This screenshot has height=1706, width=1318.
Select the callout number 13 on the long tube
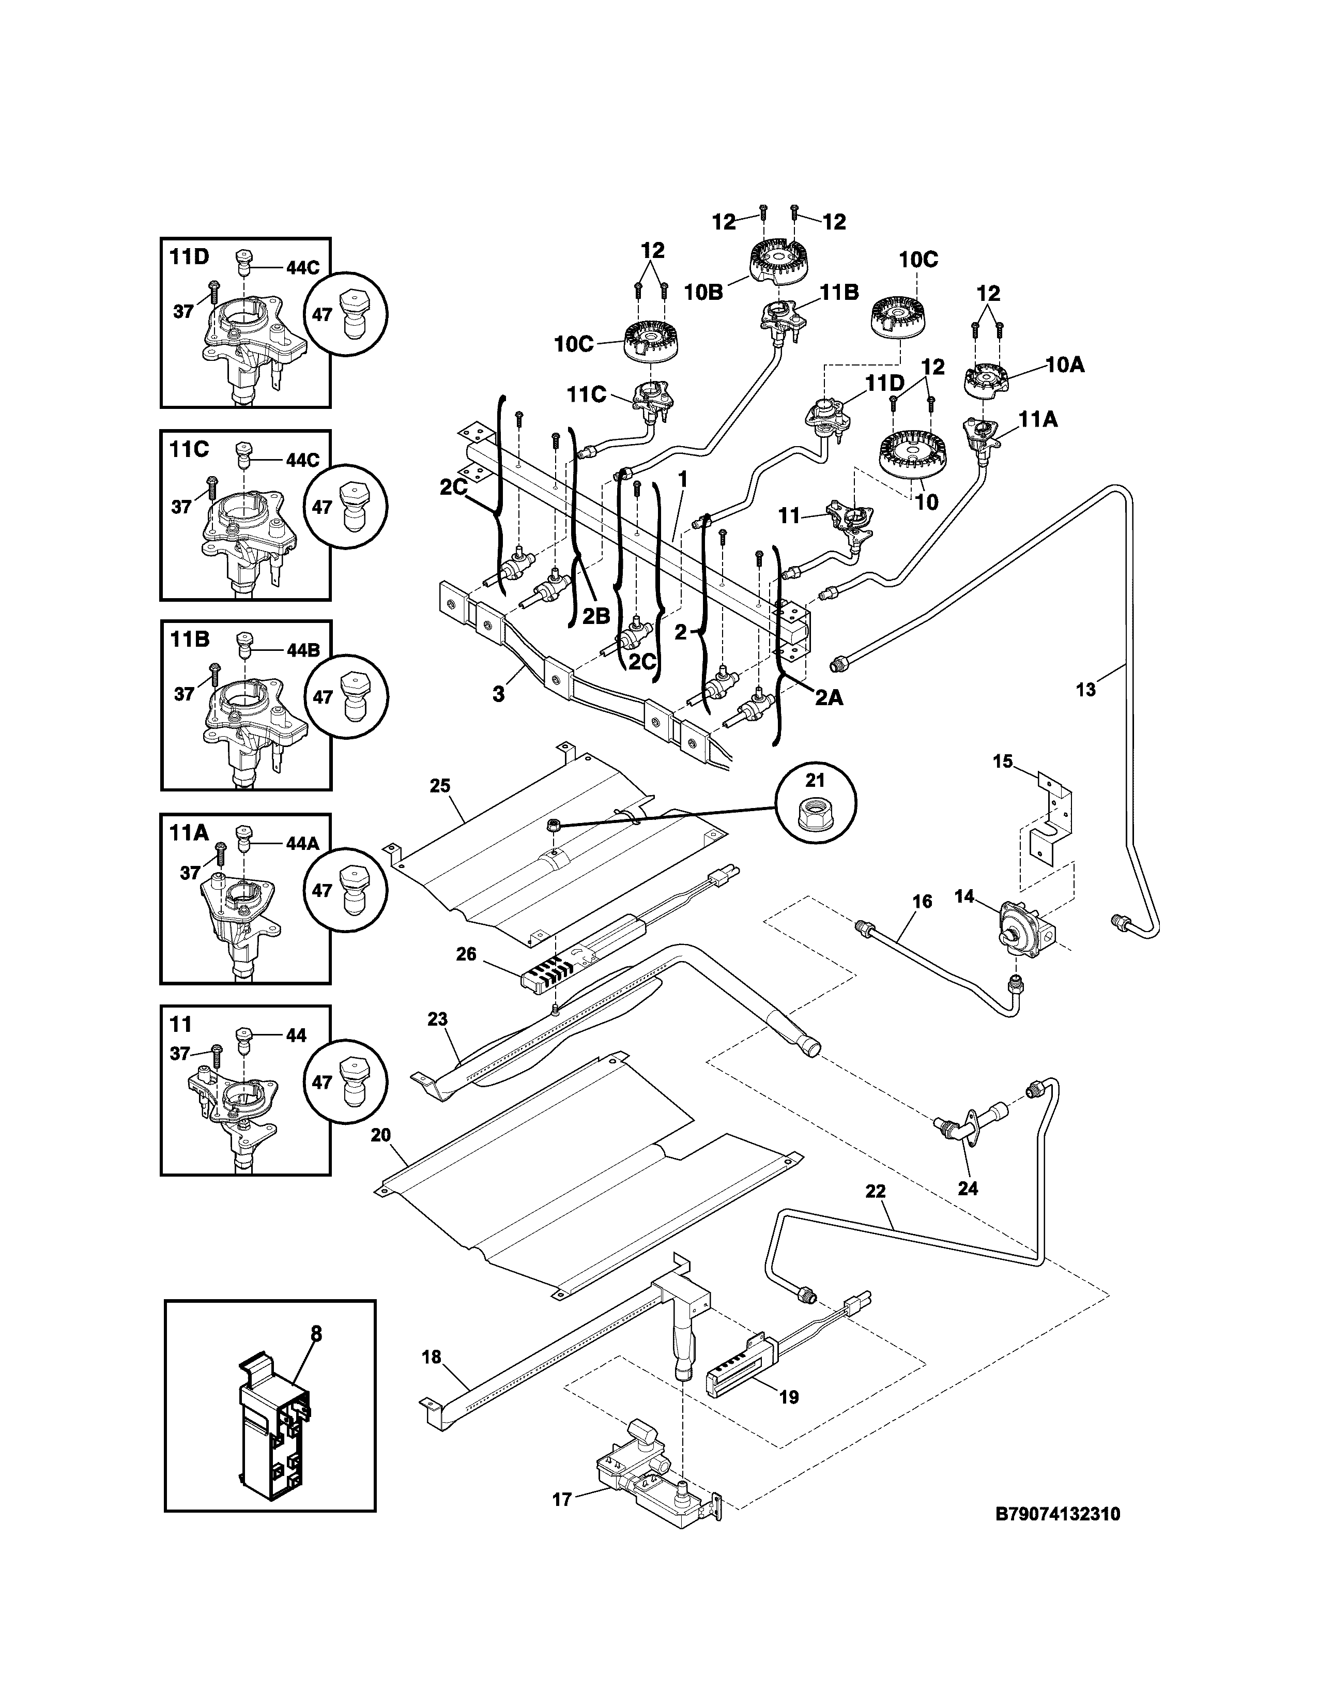1085,690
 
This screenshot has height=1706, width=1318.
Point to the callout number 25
440,785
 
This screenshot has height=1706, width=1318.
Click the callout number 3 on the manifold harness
498,694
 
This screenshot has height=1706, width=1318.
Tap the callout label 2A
829,697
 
